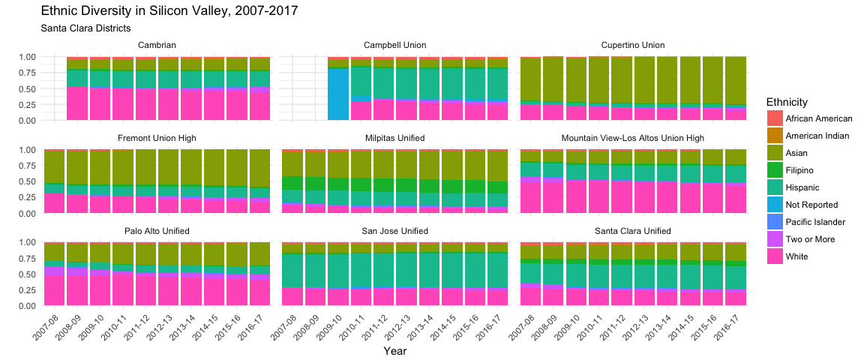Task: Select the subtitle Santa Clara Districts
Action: [x=85, y=28]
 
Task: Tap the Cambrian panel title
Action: [x=157, y=45]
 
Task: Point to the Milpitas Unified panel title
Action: [x=394, y=138]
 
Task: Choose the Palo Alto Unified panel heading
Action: [x=157, y=230]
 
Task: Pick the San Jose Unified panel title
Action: [x=394, y=230]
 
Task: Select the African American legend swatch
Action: [x=775, y=118]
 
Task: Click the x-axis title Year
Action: [x=395, y=350]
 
